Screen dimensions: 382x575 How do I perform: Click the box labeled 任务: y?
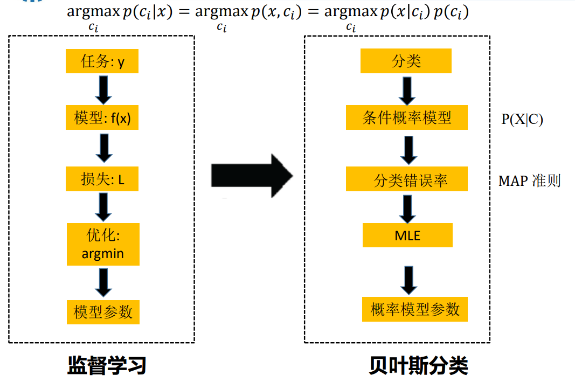tap(102, 61)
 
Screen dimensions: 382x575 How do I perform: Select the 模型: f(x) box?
tap(102, 119)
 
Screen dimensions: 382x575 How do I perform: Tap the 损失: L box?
tap(102, 179)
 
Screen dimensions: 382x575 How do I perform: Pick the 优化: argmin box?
tap(103, 245)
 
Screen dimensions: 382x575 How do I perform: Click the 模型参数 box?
tap(103, 312)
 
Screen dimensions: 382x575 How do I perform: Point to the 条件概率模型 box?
tap(407, 117)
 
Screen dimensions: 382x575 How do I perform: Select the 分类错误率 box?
tap(407, 179)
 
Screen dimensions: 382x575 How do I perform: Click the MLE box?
tap(407, 235)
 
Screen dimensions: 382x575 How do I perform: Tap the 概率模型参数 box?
tap(414, 309)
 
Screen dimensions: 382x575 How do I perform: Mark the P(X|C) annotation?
tap(522, 120)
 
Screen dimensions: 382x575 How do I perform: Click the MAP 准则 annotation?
tap(529, 180)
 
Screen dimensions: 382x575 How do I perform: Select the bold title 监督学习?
tap(107, 365)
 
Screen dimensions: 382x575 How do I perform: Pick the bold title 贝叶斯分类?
tap(419, 365)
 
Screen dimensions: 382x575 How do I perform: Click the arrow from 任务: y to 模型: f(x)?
tap(103, 89)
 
